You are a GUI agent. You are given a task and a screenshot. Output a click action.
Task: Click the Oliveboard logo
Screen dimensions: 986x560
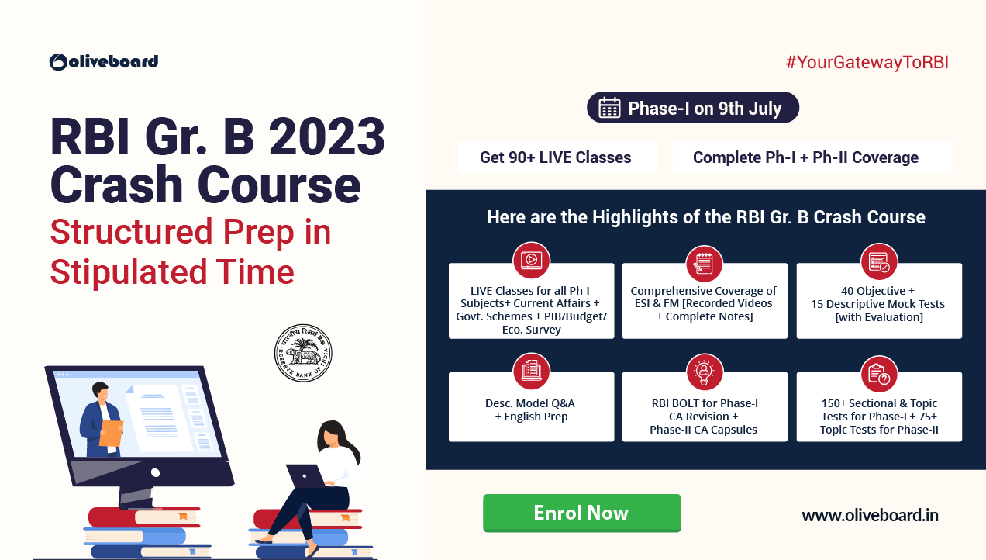pyautogui.click(x=103, y=62)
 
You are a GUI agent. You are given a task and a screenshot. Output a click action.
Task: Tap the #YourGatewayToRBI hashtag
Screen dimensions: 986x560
pyautogui.click(x=867, y=63)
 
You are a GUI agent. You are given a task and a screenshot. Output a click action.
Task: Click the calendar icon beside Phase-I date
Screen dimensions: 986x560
pyautogui.click(x=609, y=108)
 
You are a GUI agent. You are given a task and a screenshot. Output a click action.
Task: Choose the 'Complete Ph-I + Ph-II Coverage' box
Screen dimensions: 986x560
pyautogui.click(x=812, y=157)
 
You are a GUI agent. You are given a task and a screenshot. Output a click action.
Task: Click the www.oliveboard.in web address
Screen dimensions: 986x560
pyautogui.click(x=870, y=515)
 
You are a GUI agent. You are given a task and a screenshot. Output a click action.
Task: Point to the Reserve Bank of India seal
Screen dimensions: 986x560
pyautogui.click(x=303, y=353)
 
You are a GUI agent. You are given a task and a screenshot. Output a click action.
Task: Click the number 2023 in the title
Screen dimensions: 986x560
pyautogui.click(x=326, y=137)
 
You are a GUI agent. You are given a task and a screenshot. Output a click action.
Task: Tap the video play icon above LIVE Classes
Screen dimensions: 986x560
pyautogui.click(x=531, y=260)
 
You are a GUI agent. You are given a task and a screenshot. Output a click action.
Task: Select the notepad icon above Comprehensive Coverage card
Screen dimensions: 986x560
pyautogui.click(x=704, y=264)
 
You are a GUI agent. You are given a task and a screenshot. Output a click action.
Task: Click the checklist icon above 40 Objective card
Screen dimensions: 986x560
pyautogui.click(x=878, y=261)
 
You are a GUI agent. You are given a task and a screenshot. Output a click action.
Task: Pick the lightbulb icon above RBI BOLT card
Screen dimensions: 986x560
pyautogui.click(x=704, y=372)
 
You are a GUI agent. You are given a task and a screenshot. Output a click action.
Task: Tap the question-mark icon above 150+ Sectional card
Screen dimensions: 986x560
pyautogui.click(x=878, y=374)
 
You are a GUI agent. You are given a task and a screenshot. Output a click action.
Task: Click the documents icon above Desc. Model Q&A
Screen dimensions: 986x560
pyautogui.click(x=531, y=371)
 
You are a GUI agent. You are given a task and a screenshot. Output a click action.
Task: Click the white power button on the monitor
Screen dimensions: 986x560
pyautogui.click(x=155, y=473)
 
